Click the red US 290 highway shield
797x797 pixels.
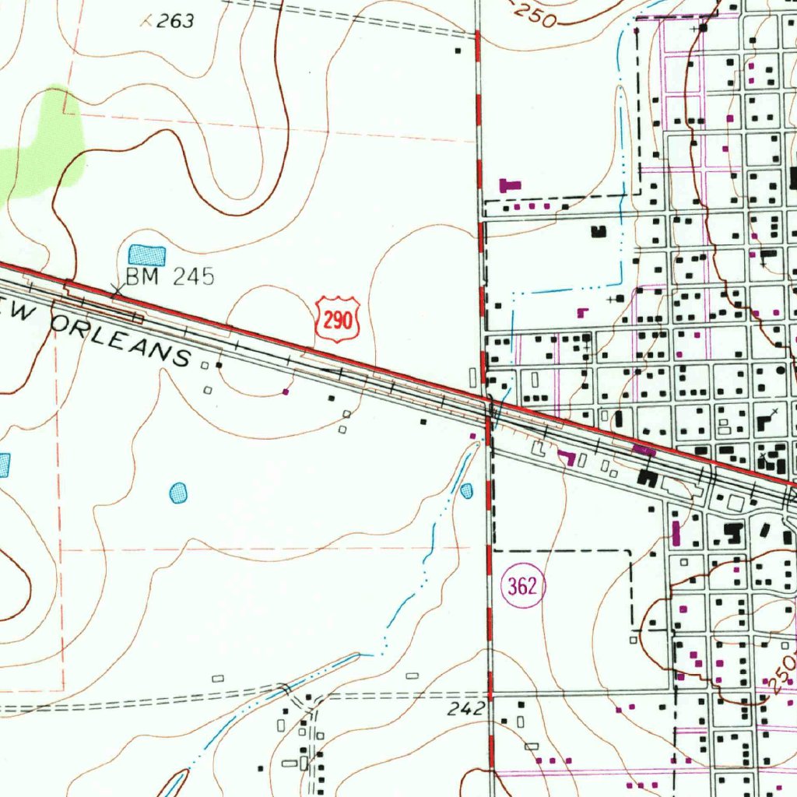coord(338,319)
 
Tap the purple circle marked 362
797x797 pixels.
coord(522,586)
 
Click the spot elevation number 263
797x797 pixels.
coord(174,22)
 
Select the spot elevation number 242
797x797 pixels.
coord(467,708)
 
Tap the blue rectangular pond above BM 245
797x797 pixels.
coord(147,255)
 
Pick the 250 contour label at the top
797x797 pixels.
coord(535,16)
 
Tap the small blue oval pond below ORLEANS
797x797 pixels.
coord(178,492)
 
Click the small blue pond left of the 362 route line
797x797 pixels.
coord(466,490)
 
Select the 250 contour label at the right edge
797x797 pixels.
coord(781,674)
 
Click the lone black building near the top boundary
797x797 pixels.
coord(458,51)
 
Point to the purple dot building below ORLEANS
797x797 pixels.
coord(286,391)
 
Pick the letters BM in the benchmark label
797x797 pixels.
coord(141,278)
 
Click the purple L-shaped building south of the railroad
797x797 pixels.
coord(567,457)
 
